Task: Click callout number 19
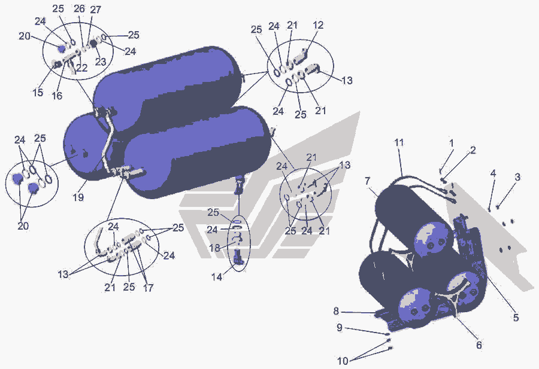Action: [x=78, y=197]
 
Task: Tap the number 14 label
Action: [x=217, y=277]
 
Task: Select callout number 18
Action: [x=215, y=248]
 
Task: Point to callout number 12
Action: [x=319, y=25]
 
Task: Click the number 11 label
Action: [x=399, y=142]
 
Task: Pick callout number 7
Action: [x=368, y=181]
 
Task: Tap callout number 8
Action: [x=336, y=312]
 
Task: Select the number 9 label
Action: [x=340, y=328]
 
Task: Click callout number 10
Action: [x=343, y=361]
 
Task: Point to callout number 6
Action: [x=479, y=344]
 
